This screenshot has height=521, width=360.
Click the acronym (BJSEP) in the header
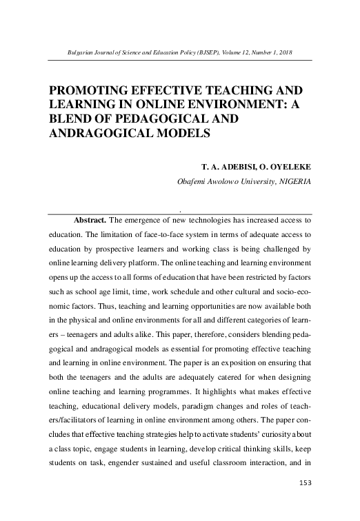coord(200,53)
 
